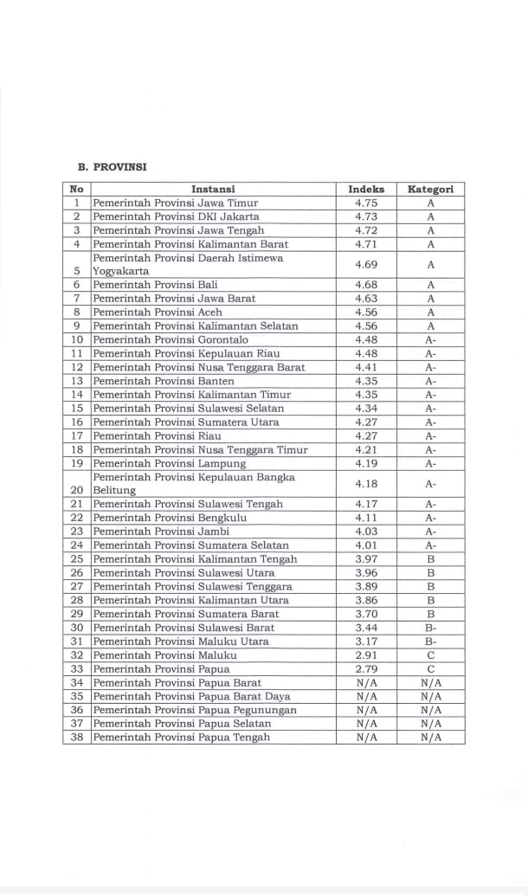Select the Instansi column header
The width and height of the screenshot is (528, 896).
pyautogui.click(x=213, y=189)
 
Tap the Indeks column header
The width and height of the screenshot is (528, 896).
pyautogui.click(x=366, y=189)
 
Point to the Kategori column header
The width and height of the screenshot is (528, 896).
pyautogui.click(x=430, y=189)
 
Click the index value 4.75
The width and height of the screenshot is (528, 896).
pyautogui.click(x=366, y=203)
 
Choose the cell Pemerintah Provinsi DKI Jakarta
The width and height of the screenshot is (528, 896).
pyautogui.click(x=176, y=216)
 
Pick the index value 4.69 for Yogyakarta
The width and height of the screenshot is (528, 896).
pyautogui.click(x=366, y=264)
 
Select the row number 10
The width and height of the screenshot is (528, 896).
pyautogui.click(x=77, y=340)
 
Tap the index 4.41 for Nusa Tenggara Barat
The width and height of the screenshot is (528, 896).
pyautogui.click(x=366, y=367)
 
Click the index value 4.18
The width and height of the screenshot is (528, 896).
pyautogui.click(x=366, y=483)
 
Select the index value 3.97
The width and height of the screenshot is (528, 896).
pyautogui.click(x=366, y=559)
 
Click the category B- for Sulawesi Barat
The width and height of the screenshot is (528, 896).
pyautogui.click(x=430, y=628)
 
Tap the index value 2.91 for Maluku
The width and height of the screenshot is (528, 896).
pyautogui.click(x=366, y=655)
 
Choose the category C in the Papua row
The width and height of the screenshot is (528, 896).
pyautogui.click(x=430, y=669)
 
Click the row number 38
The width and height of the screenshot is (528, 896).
pyautogui.click(x=77, y=738)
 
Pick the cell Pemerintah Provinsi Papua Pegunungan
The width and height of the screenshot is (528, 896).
pyautogui.click(x=195, y=710)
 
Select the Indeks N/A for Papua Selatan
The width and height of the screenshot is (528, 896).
pyautogui.click(x=366, y=724)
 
